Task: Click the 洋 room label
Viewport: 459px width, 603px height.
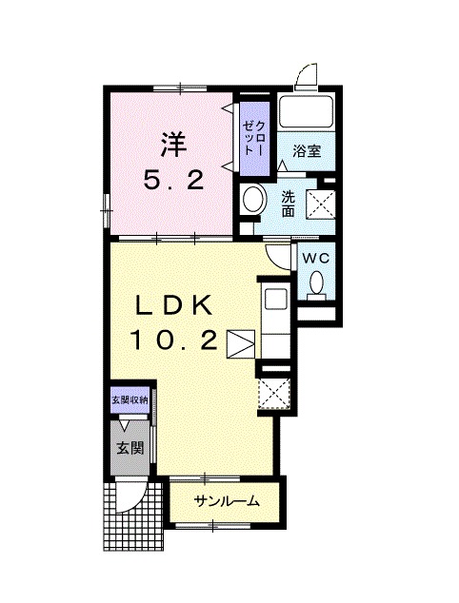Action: coord(171,144)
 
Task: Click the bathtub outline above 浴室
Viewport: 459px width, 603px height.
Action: coord(305,112)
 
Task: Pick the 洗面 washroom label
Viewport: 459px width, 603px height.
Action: coord(287,202)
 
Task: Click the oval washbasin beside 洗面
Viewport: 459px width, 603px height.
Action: coord(253,201)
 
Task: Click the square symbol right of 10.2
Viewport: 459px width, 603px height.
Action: coord(241,343)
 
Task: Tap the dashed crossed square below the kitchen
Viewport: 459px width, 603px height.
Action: coord(272,393)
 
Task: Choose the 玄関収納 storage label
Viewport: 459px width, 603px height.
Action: coord(130,399)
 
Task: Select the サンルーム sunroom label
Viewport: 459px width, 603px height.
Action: coord(226,501)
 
